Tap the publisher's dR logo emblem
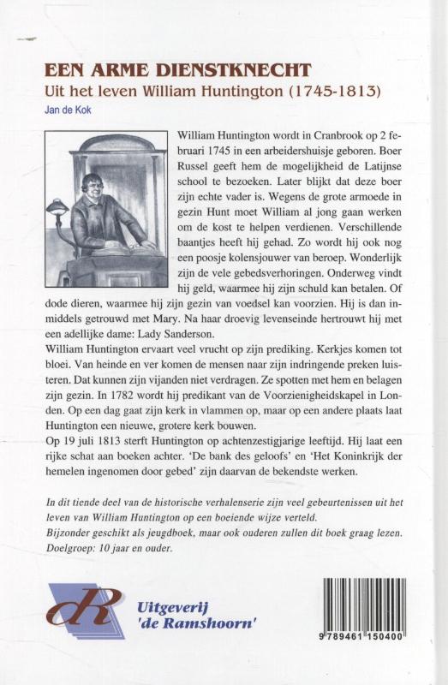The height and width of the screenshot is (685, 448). coord(87,610)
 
